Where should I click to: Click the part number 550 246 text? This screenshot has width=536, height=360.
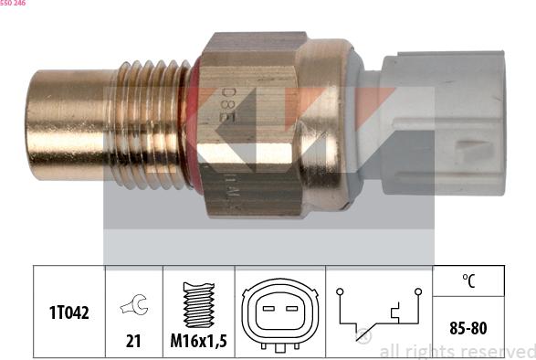click(x=14, y=4)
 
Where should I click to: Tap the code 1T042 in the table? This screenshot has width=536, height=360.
click(x=69, y=312)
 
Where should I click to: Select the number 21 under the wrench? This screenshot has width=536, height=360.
click(x=134, y=341)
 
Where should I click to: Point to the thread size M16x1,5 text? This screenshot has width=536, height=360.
click(x=198, y=341)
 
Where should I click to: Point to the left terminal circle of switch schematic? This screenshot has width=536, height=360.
click(x=339, y=292)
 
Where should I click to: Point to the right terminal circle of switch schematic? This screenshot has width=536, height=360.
click(x=417, y=292)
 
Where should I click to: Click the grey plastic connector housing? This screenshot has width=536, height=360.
click(x=438, y=123)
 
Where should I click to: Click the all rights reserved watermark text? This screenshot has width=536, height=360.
click(x=457, y=351)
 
